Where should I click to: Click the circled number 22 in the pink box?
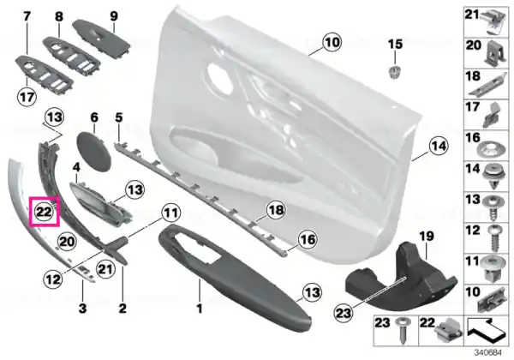tap(44, 212)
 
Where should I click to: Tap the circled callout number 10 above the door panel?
tap(332, 42)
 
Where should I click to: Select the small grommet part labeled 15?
tap(395, 72)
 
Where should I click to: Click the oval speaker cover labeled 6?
tap(93, 151)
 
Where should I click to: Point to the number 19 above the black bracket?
tap(427, 236)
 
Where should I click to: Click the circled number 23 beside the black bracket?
tap(344, 313)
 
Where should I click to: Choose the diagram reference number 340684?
tap(488, 353)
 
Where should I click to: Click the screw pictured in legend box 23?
tap(403, 330)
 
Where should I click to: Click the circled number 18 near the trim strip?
tap(276, 210)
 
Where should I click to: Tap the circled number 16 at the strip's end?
tap(308, 239)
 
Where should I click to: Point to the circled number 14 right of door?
tap(439, 146)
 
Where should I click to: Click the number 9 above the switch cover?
tap(113, 15)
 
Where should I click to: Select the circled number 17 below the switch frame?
tap(27, 97)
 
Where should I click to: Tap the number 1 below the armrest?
tap(199, 309)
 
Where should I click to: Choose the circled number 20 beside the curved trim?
tap(67, 242)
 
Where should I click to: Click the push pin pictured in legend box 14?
tap(492, 177)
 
